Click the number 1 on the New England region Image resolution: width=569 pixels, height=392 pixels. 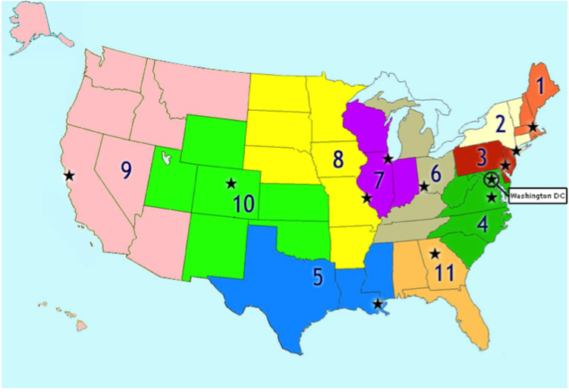click(x=540, y=87)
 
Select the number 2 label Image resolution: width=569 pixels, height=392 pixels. click(x=499, y=125)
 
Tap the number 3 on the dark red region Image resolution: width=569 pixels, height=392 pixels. click(x=481, y=158)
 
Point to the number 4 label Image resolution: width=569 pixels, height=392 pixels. click(x=483, y=223)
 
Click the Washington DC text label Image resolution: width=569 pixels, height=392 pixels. click(x=538, y=196)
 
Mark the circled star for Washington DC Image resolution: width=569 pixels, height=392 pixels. click(x=492, y=179)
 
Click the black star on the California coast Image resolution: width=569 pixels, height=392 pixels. click(x=69, y=175)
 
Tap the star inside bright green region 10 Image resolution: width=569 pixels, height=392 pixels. click(x=231, y=183)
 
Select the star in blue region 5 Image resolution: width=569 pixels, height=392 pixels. click(x=378, y=304)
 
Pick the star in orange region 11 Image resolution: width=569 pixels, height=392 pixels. click(x=435, y=254)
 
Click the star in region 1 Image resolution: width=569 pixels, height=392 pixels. click(x=533, y=127)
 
